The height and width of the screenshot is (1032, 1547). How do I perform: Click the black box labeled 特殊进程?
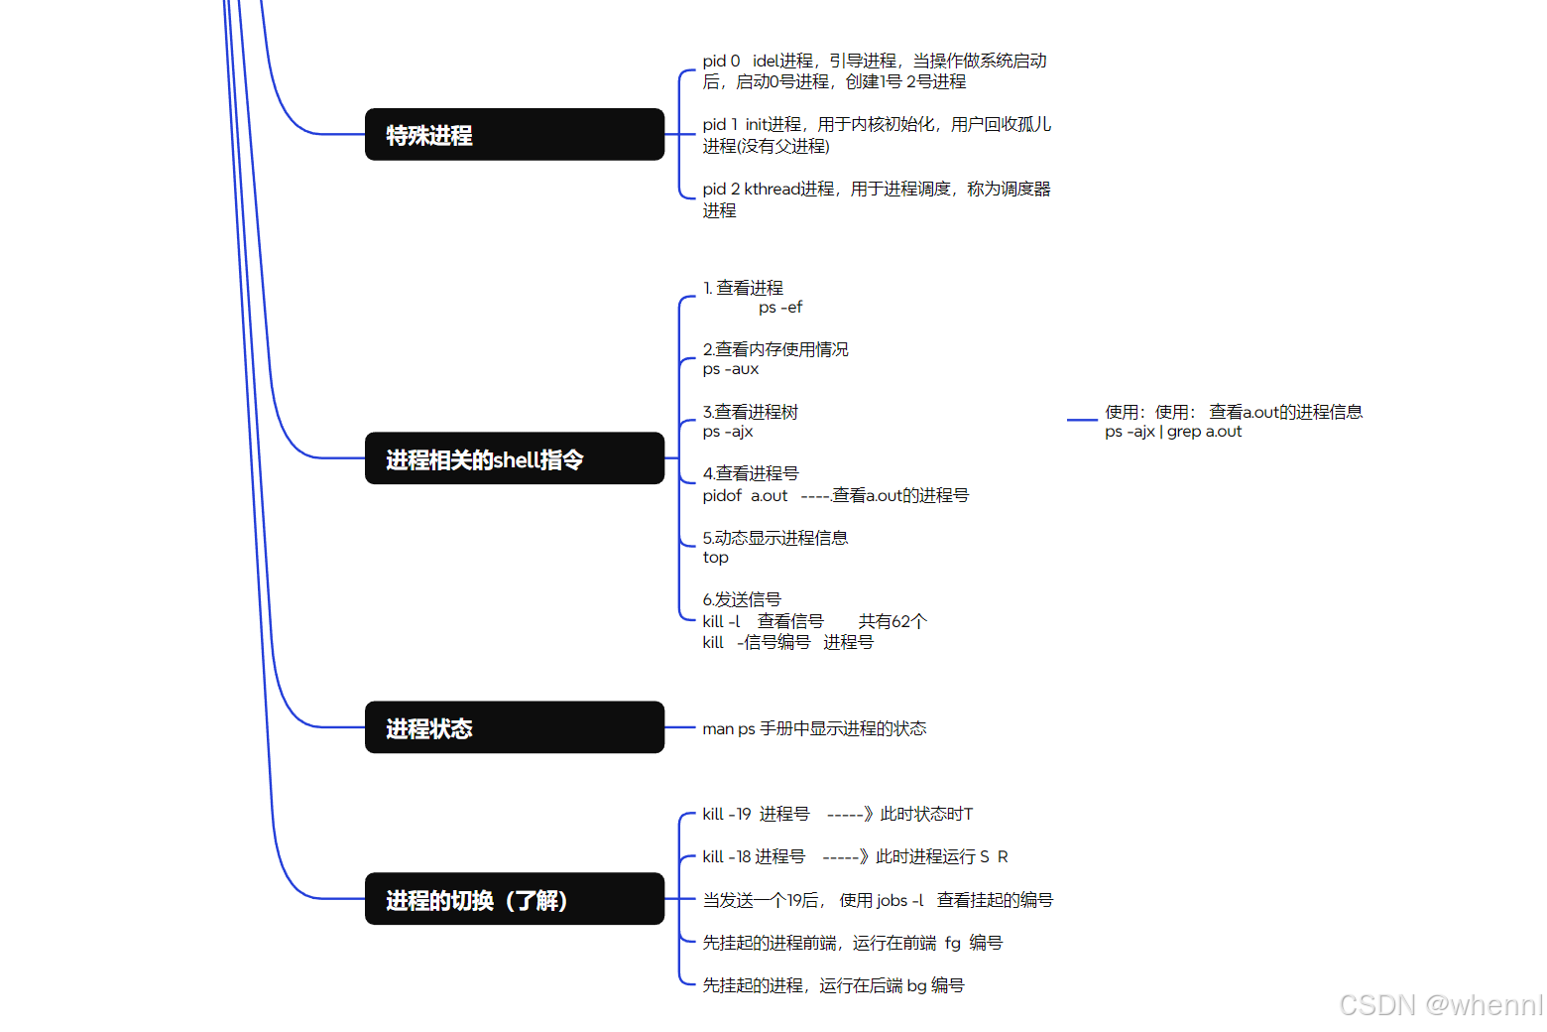click(514, 134)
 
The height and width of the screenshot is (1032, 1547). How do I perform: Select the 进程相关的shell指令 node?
click(514, 458)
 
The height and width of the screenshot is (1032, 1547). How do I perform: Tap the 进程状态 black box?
click(514, 727)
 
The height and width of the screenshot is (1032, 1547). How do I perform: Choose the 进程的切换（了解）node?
click(514, 899)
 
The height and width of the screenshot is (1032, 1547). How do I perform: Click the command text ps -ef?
click(780, 308)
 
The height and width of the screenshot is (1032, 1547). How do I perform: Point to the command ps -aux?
click(731, 369)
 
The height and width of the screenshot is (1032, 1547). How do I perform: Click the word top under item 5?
click(715, 558)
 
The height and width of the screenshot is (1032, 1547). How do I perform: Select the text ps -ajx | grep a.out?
click(1173, 432)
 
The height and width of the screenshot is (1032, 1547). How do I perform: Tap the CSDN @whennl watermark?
click(1441, 1005)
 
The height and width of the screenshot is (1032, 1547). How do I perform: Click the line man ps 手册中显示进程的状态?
click(814, 728)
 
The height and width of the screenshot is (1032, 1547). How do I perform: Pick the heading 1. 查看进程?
click(743, 288)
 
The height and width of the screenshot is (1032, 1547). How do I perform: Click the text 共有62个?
click(892, 621)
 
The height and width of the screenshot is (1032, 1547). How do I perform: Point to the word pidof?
click(722, 495)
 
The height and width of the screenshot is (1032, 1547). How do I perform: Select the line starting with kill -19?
click(838, 814)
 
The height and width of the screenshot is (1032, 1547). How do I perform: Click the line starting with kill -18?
click(855, 856)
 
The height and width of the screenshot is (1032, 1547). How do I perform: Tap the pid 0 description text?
click(875, 71)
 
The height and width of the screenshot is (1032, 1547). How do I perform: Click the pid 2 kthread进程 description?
click(877, 198)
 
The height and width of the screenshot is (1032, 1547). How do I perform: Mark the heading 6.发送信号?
click(742, 599)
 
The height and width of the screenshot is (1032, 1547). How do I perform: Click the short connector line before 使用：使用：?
click(1082, 420)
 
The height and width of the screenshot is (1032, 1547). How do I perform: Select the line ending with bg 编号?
click(833, 985)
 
